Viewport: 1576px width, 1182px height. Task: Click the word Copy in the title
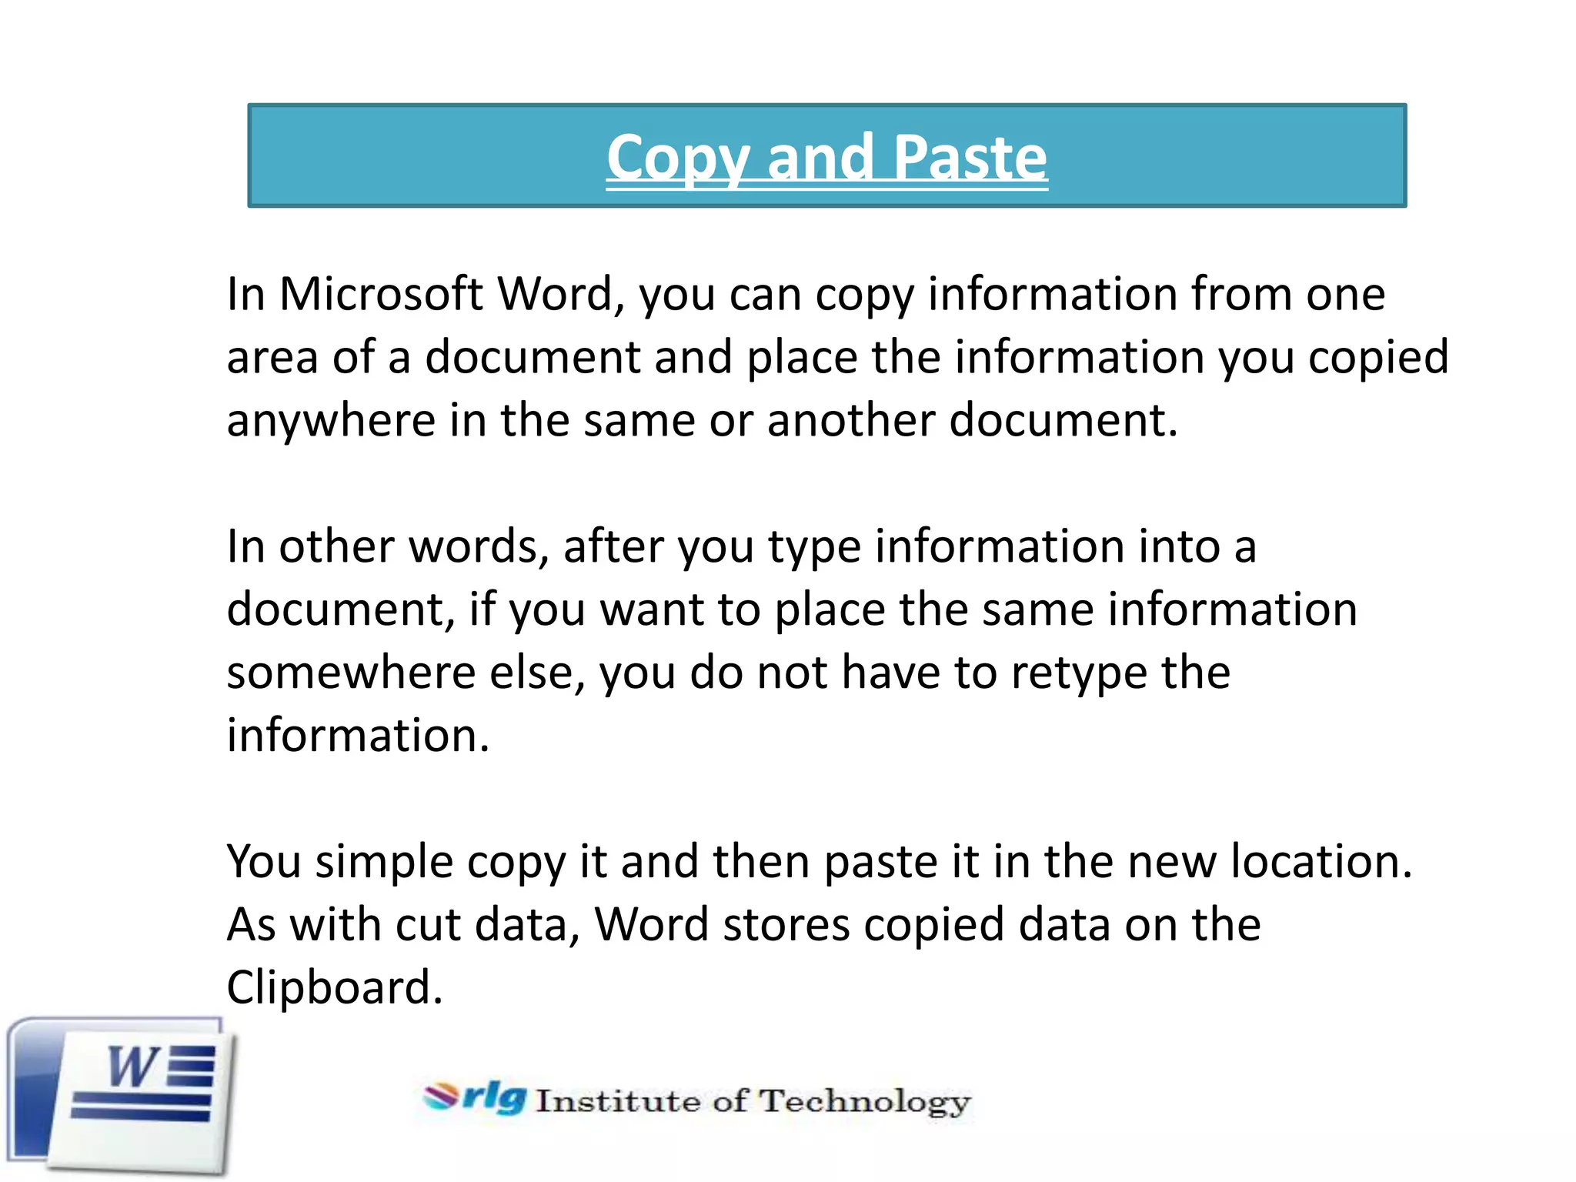(677, 158)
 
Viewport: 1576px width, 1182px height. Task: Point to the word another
(850, 420)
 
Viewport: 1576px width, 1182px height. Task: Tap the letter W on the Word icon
(132, 1067)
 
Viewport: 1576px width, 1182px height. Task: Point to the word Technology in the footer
(865, 1102)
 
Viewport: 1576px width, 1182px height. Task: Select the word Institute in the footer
(618, 1101)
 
